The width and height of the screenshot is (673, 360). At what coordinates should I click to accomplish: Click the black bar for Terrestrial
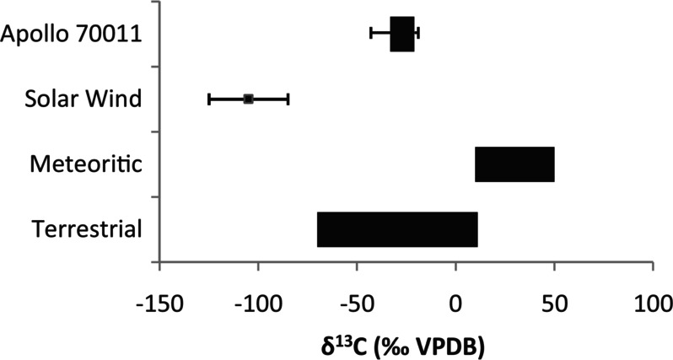[x=397, y=230]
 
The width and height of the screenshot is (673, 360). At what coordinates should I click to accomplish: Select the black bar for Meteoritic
[x=514, y=164]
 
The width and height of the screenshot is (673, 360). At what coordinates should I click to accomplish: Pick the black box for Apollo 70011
[x=402, y=34]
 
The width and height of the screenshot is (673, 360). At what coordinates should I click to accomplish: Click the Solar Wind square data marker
[x=248, y=99]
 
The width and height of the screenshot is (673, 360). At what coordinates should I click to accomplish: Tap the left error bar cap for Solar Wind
[x=209, y=99]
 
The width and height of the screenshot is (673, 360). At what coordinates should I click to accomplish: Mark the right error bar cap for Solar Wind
[x=288, y=99]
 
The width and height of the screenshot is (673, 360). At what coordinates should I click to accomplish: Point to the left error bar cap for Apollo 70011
[x=371, y=34]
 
